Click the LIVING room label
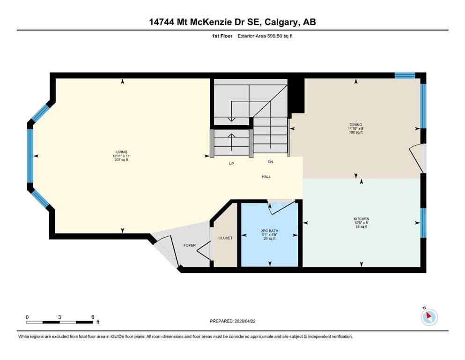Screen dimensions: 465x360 tap(121, 152)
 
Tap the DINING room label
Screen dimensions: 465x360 tap(356, 125)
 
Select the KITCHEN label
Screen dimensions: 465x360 tap(361, 219)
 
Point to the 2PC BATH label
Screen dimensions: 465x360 tap(270, 231)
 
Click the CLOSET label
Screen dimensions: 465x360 tap(225, 238)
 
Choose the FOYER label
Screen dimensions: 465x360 tap(190, 245)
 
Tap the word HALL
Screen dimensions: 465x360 tap(266, 177)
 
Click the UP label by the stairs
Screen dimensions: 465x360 tap(231, 164)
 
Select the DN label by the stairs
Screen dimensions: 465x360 tap(270, 162)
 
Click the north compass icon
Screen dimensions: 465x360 tap(429, 317)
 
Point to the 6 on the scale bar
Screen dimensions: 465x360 tap(93, 317)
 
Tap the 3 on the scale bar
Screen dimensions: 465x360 tap(59, 317)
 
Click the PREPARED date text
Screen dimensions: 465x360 tap(232, 321)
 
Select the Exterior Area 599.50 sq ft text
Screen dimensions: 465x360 tap(265, 36)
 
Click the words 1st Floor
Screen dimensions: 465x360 tap(222, 36)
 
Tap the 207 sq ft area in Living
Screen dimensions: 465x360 tap(121, 160)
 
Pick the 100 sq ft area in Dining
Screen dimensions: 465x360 tap(356, 132)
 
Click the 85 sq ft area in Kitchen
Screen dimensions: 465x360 tap(361, 226)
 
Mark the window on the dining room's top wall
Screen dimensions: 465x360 tap(405, 75)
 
